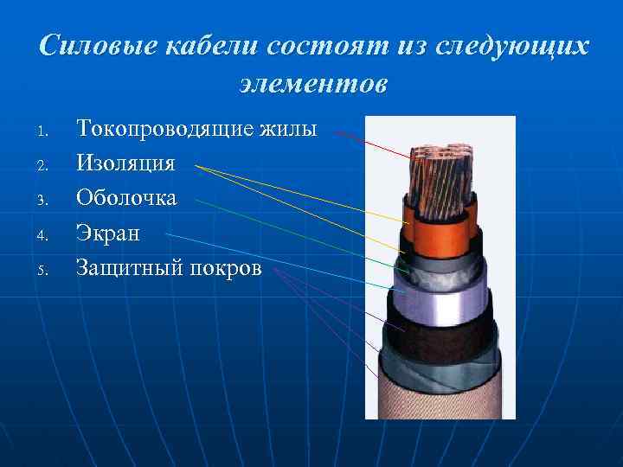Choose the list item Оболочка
click(126, 198)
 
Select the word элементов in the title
click(312, 86)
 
